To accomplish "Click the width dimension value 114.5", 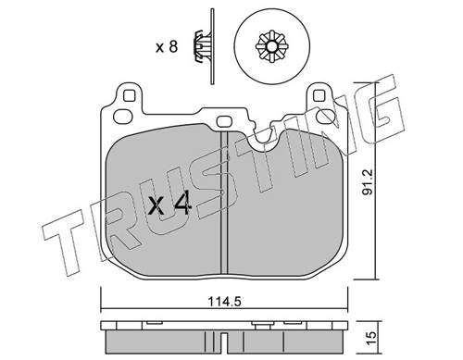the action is click(224, 302).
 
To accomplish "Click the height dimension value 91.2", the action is click(368, 181).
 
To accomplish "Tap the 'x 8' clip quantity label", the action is click(167, 47).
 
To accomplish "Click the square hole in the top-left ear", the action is click(129, 95).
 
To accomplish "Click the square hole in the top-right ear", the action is click(319, 95).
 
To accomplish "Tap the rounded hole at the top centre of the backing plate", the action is click(224, 121).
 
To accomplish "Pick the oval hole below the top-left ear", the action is click(122, 117).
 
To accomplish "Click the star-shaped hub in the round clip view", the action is click(271, 46).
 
